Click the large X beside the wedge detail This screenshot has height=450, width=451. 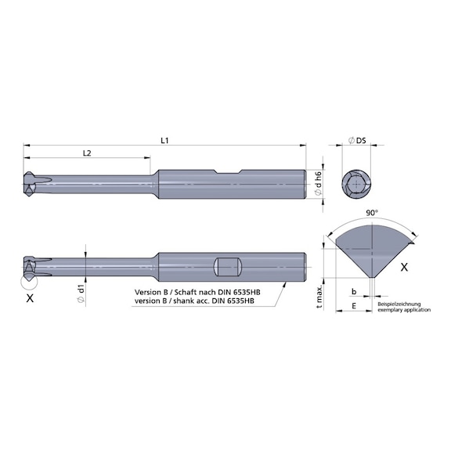point(404,267)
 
